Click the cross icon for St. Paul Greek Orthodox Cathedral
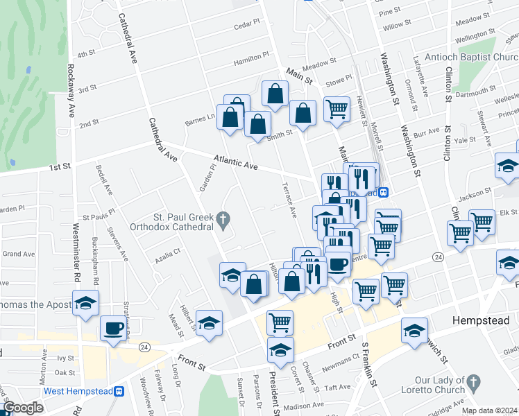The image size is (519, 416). (x=222, y=221)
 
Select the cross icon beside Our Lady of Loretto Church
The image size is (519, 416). (x=473, y=382)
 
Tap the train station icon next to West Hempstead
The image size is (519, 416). (x=119, y=391)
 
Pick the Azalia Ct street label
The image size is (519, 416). (x=168, y=254)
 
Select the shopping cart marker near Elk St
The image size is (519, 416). (x=482, y=222)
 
